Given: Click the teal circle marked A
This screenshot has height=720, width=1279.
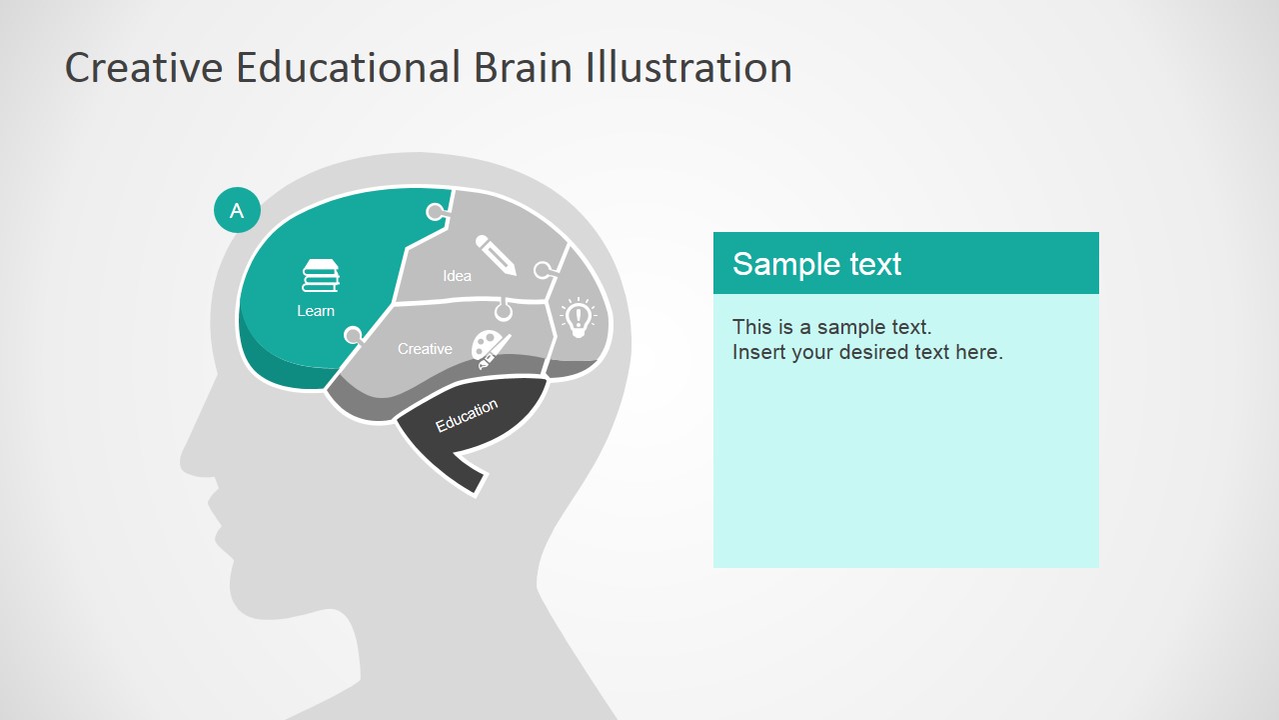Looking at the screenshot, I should [x=237, y=210].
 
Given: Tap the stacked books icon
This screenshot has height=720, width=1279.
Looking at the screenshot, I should [x=321, y=276].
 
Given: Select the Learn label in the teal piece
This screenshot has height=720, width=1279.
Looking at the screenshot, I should [x=316, y=311].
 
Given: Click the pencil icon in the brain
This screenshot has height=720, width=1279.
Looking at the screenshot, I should [x=496, y=255].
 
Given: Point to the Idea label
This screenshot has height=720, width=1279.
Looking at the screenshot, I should [x=457, y=276].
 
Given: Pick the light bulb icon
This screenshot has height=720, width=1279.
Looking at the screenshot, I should [x=579, y=315].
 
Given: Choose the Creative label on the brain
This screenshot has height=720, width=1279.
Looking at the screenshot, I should [x=425, y=349].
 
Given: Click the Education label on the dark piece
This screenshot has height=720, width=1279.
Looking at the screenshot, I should [x=467, y=415].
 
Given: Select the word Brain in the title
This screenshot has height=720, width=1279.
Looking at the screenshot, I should [x=523, y=68].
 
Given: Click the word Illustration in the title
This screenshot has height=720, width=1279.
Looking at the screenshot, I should [x=688, y=68].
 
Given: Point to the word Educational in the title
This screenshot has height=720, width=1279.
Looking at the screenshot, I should [x=349, y=68].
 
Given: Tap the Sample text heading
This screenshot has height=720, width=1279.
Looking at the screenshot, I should [x=816, y=264].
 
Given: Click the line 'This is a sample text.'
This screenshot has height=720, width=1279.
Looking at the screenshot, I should [x=831, y=327].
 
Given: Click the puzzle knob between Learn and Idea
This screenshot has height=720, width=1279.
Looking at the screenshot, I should [x=436, y=212].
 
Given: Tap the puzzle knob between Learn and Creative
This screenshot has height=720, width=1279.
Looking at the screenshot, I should [x=353, y=335].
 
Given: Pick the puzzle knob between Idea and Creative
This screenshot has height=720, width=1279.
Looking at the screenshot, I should [x=504, y=312].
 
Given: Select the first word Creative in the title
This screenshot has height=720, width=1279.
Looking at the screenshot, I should [x=144, y=68].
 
